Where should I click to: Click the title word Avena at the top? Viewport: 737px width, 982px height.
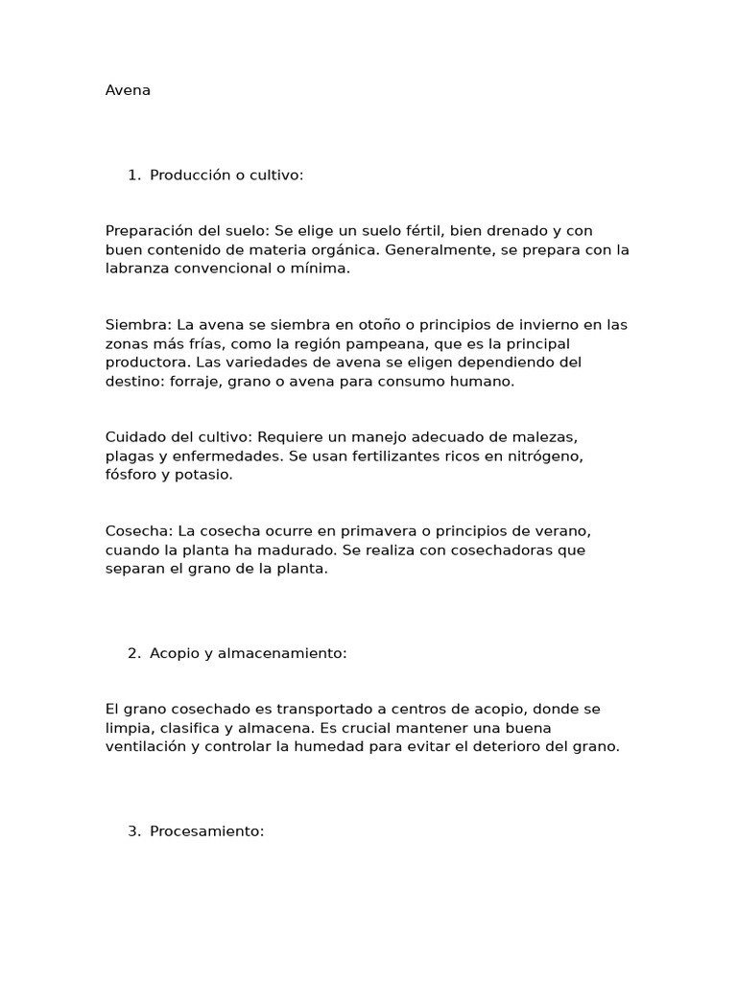point(128,91)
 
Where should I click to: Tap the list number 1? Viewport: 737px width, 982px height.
point(132,175)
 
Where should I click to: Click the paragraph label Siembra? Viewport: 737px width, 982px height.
point(137,325)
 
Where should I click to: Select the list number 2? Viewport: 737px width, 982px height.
point(133,653)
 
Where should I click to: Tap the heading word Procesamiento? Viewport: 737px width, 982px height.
point(206,831)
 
